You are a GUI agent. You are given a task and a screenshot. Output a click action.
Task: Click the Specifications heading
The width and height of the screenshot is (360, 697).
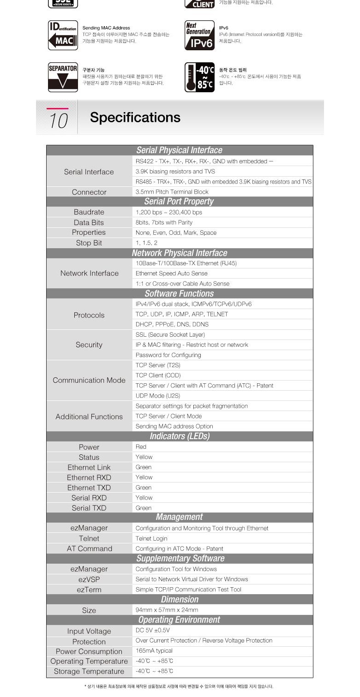135,118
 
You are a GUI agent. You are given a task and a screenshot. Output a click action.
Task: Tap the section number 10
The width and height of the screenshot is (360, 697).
59,120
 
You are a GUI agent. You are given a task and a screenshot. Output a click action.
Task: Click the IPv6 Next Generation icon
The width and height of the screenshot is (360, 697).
199,35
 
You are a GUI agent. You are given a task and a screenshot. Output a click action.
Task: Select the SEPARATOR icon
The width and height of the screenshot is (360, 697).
63,77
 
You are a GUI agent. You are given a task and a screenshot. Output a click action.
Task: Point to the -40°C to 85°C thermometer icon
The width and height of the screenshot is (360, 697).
199,77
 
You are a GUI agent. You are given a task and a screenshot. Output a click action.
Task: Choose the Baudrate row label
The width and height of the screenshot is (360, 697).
89,212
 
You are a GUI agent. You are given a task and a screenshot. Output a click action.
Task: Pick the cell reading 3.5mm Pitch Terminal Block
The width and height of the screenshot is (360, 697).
172,192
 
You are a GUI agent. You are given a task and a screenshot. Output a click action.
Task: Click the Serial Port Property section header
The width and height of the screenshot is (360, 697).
179,202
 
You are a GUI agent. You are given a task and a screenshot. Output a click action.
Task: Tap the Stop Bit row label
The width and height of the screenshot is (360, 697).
89,243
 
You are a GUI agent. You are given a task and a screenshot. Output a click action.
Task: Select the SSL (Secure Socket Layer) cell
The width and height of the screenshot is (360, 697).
170,335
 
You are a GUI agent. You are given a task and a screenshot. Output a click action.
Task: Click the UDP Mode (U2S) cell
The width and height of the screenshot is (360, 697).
158,396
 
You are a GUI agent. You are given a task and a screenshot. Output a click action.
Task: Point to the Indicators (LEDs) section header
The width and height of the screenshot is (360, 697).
180,436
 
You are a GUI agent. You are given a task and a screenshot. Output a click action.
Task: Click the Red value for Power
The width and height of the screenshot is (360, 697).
141,447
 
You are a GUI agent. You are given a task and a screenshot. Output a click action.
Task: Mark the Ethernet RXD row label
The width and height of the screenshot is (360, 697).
89,477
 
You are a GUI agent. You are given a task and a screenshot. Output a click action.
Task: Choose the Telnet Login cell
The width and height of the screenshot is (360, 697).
151,539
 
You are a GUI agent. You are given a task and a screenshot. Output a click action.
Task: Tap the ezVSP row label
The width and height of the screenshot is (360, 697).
89,579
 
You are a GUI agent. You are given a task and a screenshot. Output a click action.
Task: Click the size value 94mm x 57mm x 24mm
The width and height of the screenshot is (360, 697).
167,610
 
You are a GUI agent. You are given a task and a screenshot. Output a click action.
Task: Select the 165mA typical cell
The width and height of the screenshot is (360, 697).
154,651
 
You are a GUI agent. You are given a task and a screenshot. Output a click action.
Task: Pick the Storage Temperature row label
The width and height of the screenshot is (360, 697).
89,672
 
